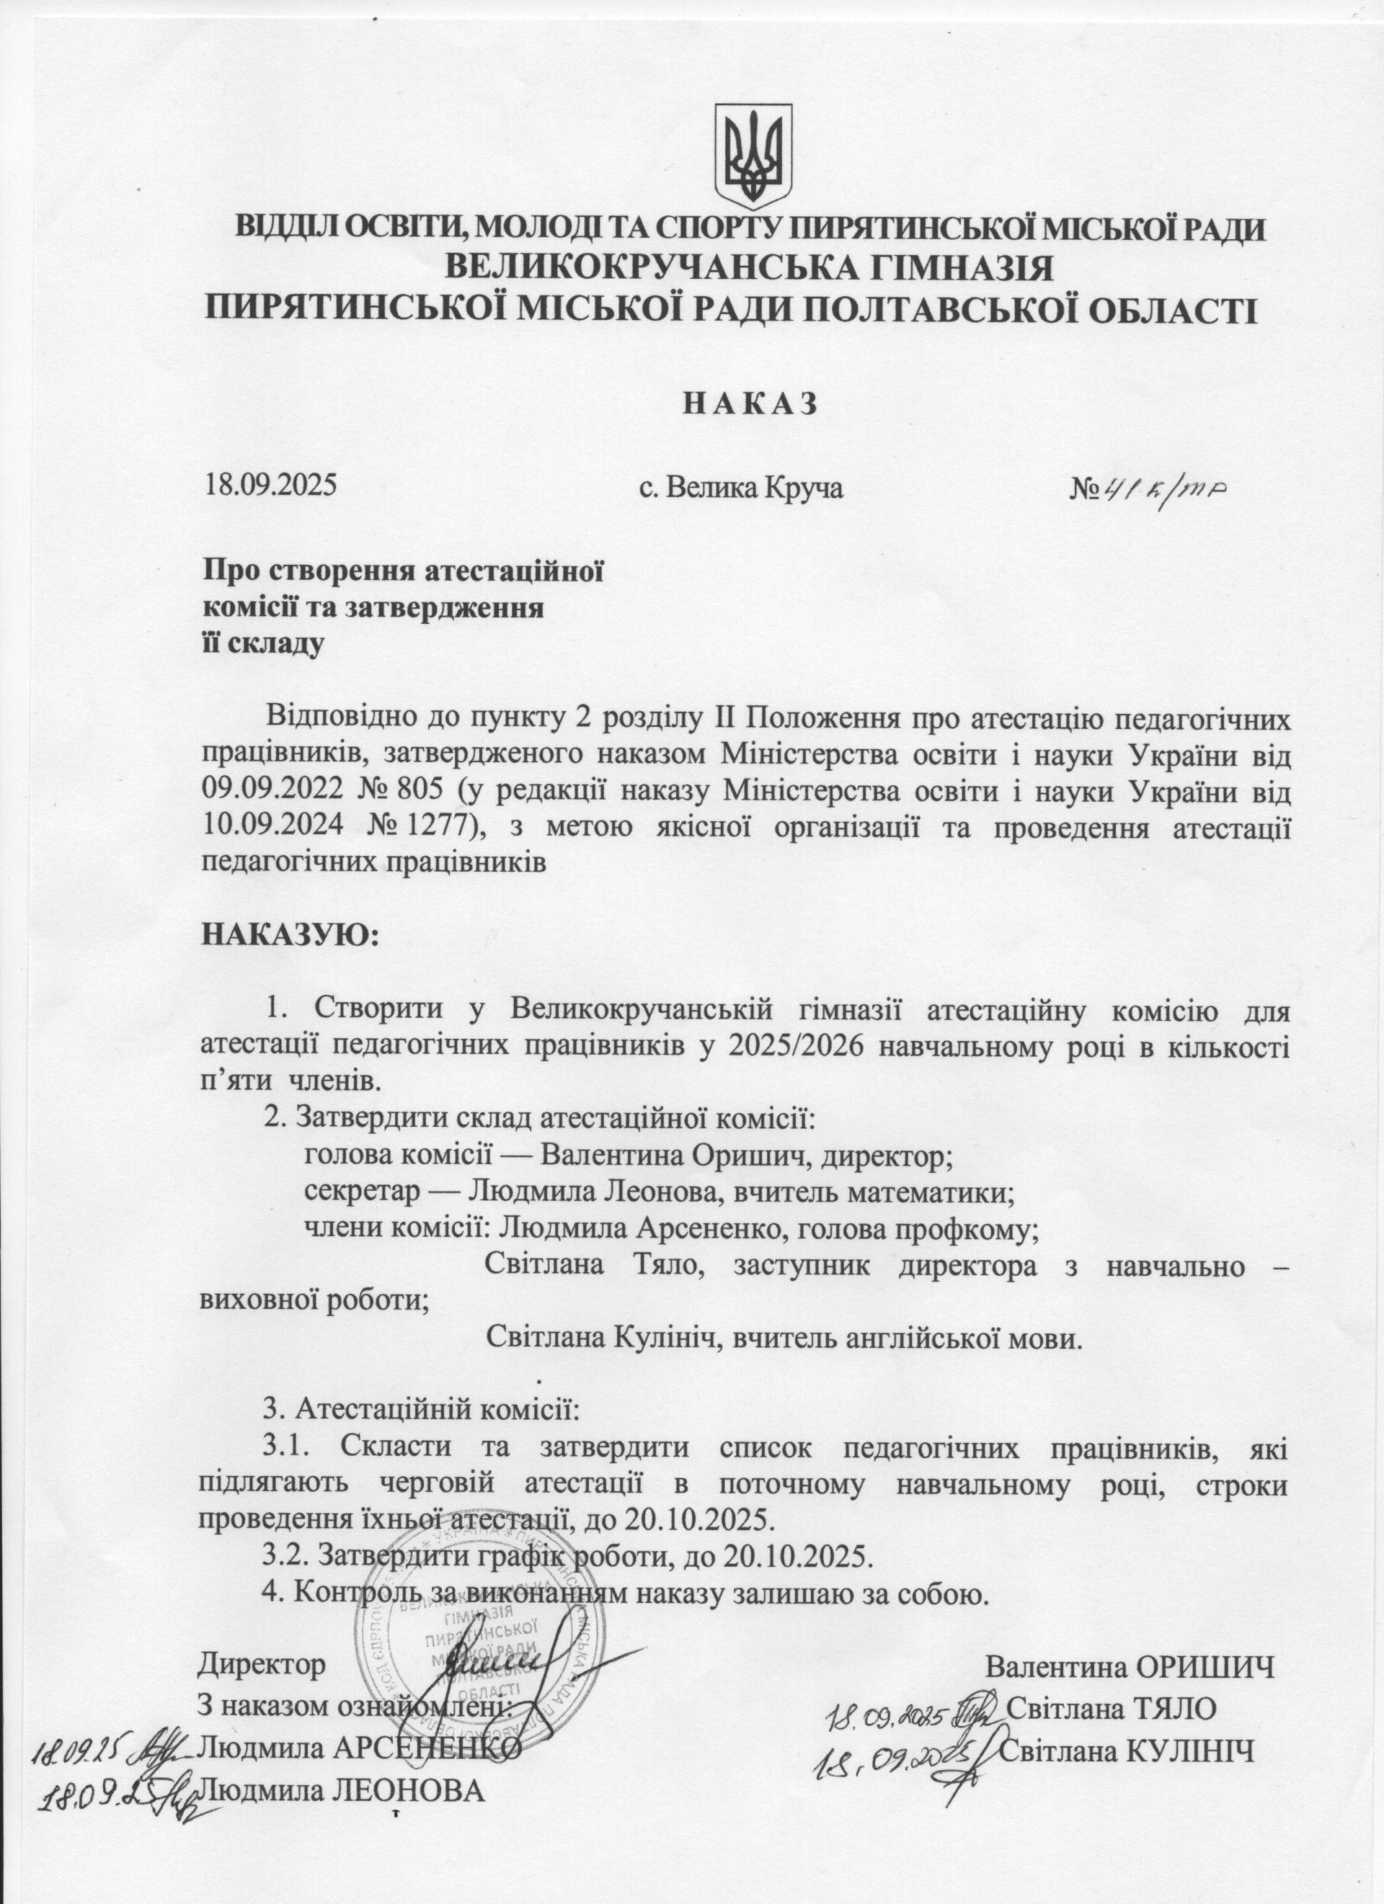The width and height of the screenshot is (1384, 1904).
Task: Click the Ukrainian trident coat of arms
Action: point(753,157)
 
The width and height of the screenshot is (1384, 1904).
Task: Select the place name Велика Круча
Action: point(742,487)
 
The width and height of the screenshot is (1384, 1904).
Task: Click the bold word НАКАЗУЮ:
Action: point(289,934)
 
